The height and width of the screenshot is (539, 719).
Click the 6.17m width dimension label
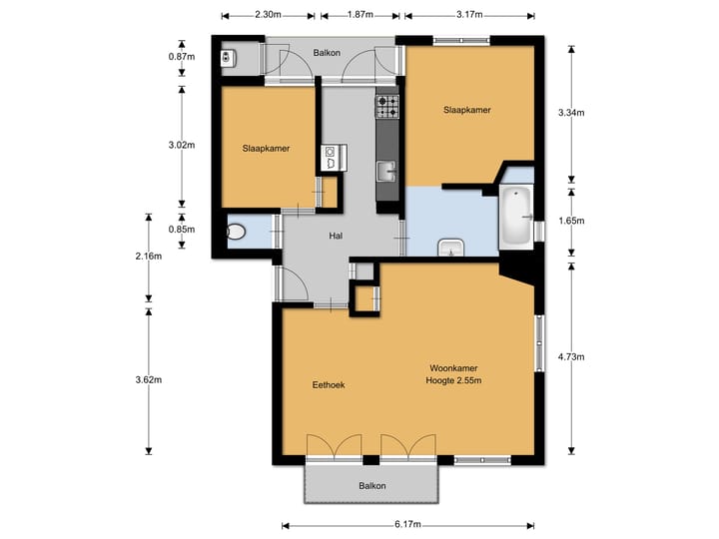pos(407,524)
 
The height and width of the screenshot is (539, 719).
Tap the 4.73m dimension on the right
pos(571,356)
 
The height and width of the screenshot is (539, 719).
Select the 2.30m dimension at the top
pos(268,14)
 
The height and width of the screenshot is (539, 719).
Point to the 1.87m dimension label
pos(359,14)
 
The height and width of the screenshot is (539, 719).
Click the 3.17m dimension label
pos(469,14)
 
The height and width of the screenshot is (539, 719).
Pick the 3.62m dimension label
pos(149,379)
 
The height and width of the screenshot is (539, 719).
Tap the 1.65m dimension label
pos(571,221)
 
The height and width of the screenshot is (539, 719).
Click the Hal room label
pos(336,236)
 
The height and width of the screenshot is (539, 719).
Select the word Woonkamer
pos(453,368)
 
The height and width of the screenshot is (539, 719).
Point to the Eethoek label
pos(329,385)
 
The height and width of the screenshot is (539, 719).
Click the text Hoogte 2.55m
pos(453,380)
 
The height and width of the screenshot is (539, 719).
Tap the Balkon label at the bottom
pos(371,486)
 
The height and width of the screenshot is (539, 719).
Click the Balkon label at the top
pos(327,53)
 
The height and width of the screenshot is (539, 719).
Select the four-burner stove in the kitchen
pos(387,107)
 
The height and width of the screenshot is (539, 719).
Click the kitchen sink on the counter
pos(387,172)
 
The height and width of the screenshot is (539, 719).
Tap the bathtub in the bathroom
pos(516,217)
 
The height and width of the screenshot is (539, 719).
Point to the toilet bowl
pos(236,232)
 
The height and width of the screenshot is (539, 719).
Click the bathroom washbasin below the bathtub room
pos(451,248)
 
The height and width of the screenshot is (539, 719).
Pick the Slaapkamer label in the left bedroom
pos(266,149)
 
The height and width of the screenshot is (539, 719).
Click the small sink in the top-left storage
pos(228,58)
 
